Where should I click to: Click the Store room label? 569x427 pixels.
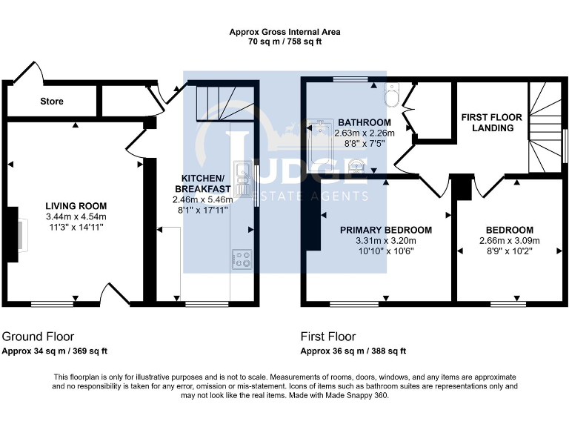[52, 101]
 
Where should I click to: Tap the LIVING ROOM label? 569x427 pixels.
[76, 206]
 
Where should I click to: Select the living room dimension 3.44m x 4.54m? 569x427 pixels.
[76, 216]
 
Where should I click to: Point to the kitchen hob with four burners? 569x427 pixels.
[242, 259]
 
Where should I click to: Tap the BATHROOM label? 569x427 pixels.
[364, 122]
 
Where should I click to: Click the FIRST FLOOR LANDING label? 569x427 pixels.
[491, 122]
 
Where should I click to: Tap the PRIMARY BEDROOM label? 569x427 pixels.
[386, 230]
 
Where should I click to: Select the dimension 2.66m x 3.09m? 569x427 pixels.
[509, 240]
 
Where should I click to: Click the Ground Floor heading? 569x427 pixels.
[38, 336]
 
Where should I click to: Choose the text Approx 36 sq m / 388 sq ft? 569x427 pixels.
[353, 351]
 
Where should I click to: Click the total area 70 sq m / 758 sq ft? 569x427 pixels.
[284, 42]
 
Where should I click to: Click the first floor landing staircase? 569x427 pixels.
[545, 126]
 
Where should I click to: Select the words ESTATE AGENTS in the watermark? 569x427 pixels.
[311, 196]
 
